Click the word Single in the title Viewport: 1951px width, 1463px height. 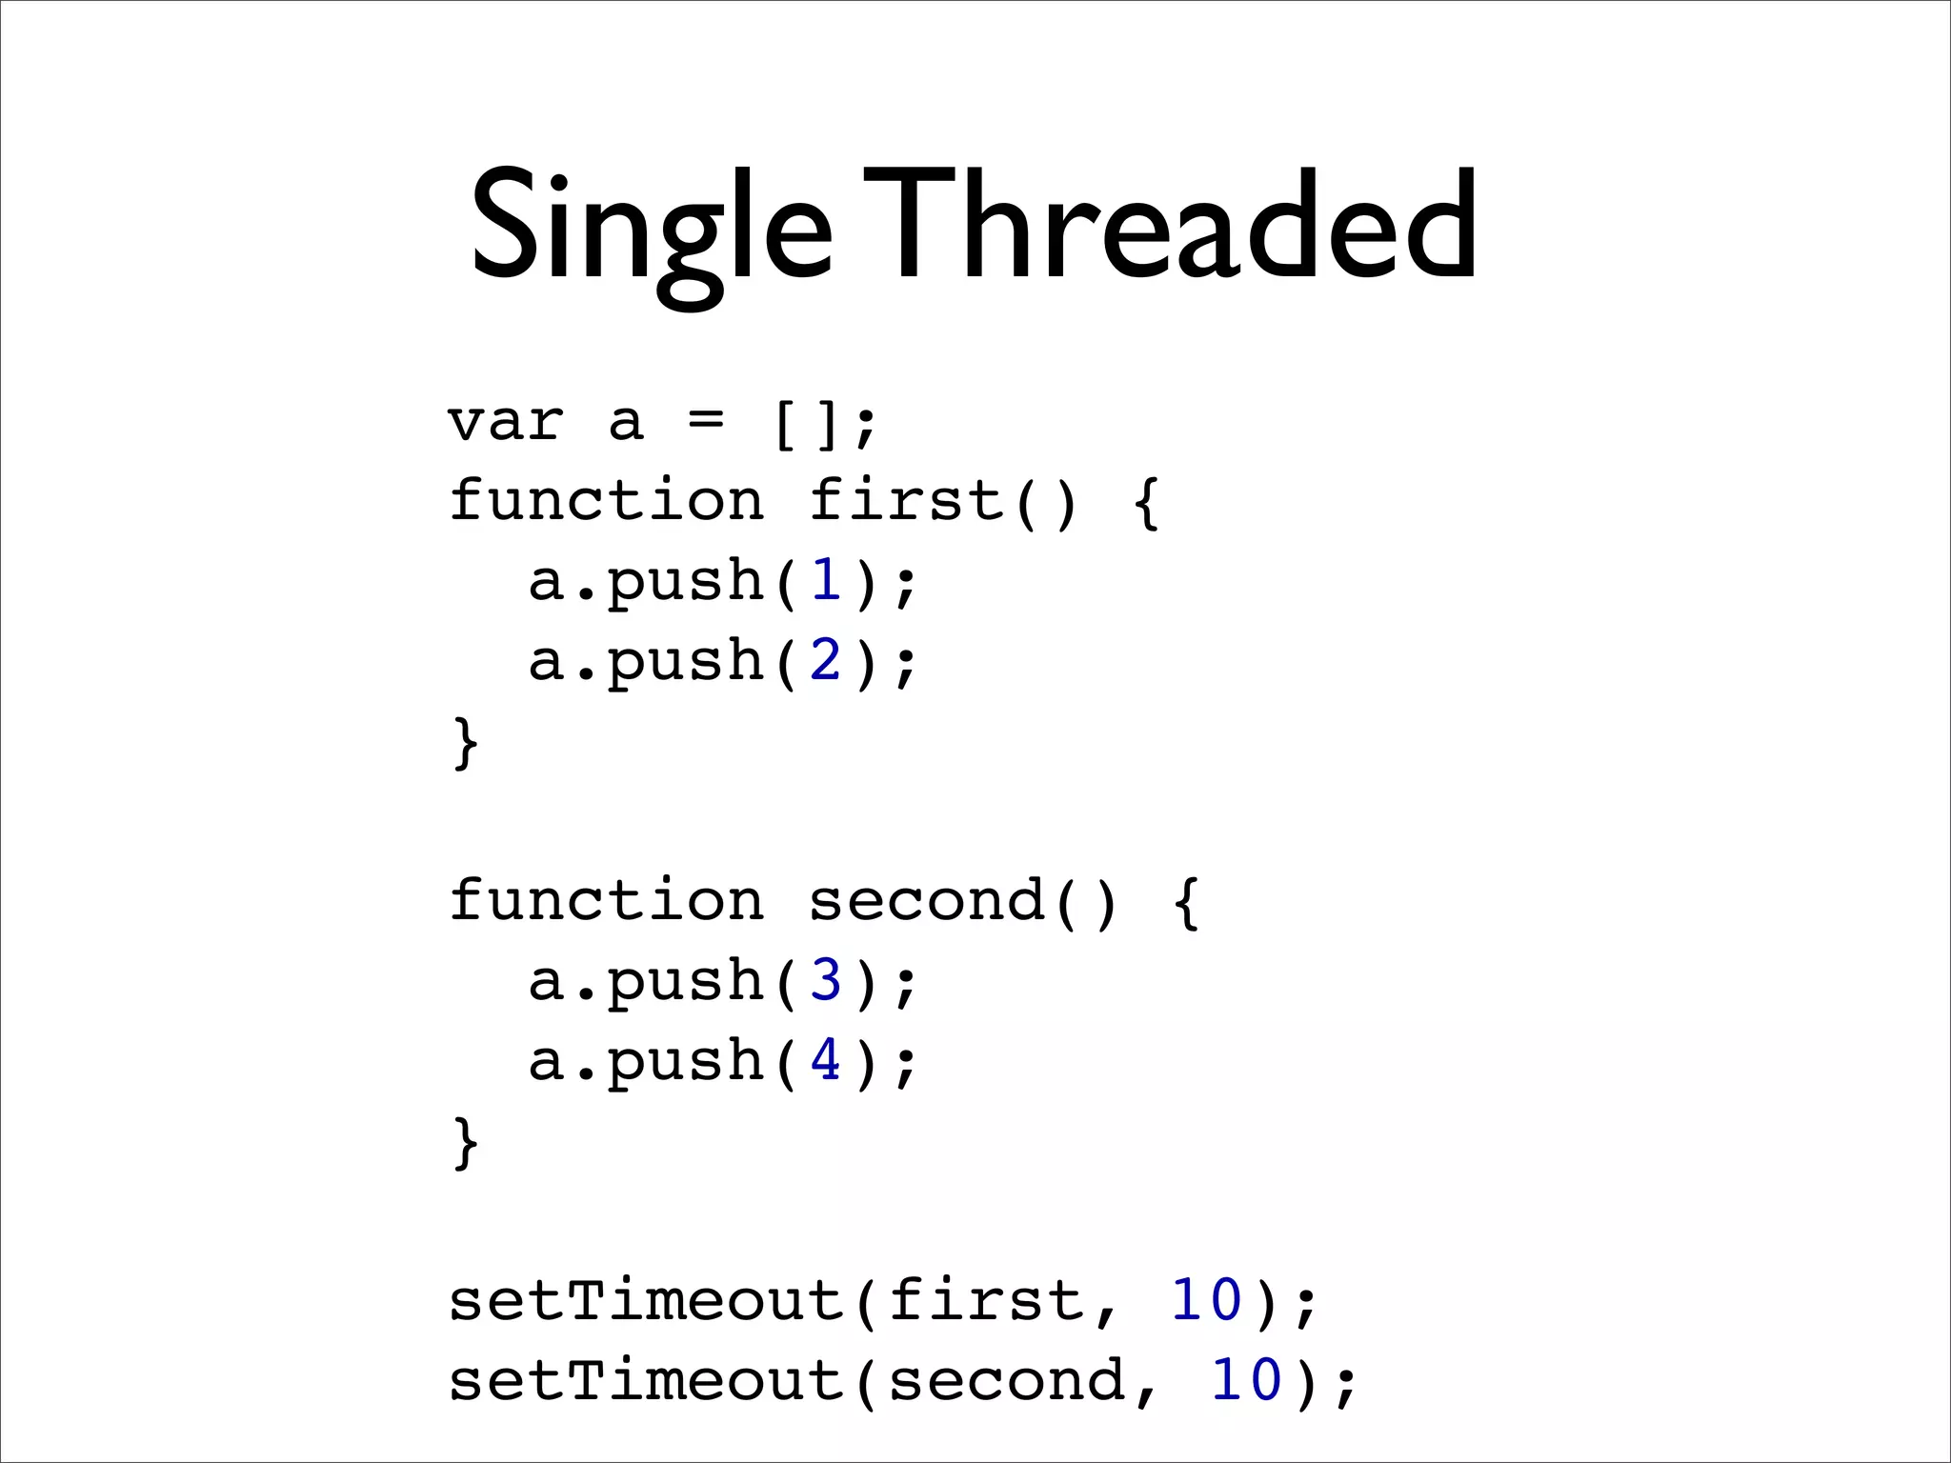(652, 229)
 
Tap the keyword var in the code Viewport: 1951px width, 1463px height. (506, 422)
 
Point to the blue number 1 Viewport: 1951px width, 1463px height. (826, 580)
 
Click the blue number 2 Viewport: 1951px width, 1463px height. (826, 660)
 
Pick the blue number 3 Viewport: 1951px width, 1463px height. (826, 980)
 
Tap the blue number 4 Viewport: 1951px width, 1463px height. (826, 1060)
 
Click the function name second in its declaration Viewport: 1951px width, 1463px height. (926, 901)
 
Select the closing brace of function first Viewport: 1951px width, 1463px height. (465, 743)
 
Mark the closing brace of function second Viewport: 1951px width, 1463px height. (465, 1143)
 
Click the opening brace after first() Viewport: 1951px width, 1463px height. (1147, 503)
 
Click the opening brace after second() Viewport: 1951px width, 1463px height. (1187, 903)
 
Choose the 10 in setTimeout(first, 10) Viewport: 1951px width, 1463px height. (1206, 1300)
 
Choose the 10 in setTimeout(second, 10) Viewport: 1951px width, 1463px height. (1246, 1380)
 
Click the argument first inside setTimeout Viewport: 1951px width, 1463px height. (986, 1301)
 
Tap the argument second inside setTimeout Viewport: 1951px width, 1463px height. (1006, 1381)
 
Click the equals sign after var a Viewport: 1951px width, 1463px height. (706, 419)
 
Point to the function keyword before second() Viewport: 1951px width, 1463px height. (606, 901)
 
